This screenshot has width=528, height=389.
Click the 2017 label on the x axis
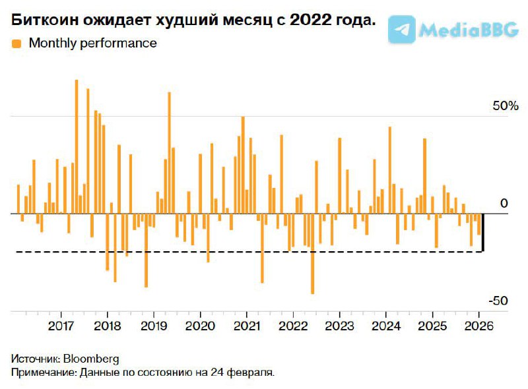click(61, 326)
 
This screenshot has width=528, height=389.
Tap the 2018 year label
click(107, 326)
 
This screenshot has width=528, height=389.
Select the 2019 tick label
click(154, 326)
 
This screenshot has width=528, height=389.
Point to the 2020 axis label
click(200, 326)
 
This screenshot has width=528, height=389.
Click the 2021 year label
click(246, 326)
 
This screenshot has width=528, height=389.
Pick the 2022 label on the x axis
click(292, 326)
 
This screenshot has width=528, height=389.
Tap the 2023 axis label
click(339, 326)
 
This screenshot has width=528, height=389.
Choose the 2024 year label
click(385, 326)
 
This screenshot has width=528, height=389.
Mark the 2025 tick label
click(432, 326)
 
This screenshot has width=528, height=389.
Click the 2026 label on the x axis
click(478, 326)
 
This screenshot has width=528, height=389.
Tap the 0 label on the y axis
click(504, 204)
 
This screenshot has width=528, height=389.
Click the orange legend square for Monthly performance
click(16, 44)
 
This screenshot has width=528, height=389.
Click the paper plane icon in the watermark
click(402, 29)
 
